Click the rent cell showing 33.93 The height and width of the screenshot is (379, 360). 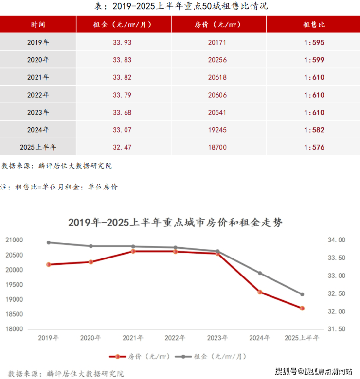tap(122, 42)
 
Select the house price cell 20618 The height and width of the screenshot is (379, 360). tap(217, 77)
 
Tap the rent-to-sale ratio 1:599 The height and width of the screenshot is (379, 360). tap(314, 60)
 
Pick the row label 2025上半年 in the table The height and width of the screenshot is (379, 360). tap(38, 147)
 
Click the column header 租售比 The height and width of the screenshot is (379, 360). tap(314, 24)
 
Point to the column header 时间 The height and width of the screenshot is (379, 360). tap(38, 24)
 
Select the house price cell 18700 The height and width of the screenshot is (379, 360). tap(217, 147)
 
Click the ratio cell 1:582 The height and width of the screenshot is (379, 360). tap(314, 130)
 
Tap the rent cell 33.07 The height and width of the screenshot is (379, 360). tap(122, 130)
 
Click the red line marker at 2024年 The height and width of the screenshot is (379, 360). tap(260, 292)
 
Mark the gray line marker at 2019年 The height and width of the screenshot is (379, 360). tap(49, 242)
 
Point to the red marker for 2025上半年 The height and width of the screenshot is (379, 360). tap(302, 308)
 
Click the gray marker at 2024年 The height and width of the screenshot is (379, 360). tap(260, 273)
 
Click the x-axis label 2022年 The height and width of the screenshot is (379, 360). tap(175, 338)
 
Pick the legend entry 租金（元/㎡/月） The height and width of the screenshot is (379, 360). tap(219, 357)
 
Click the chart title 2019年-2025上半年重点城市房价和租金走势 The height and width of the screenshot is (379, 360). tap(175, 223)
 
